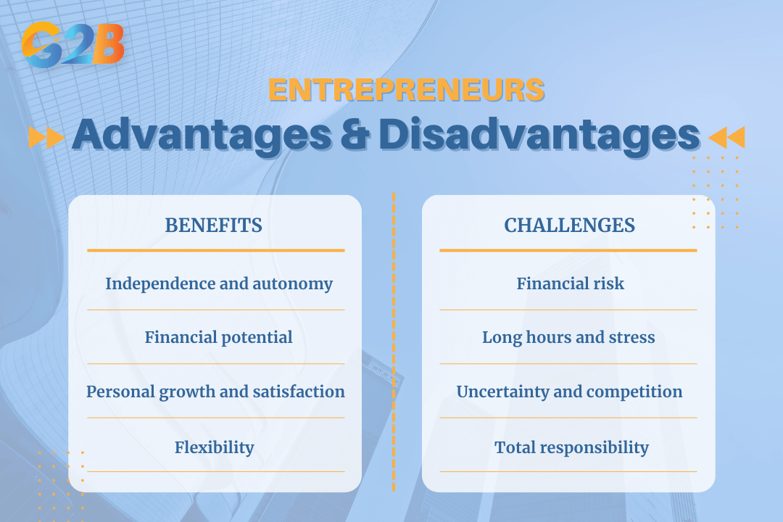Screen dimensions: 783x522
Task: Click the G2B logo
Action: coord(73,45)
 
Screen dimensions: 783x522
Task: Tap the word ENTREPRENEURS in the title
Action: coord(406,90)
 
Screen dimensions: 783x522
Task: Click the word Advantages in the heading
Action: coord(202,135)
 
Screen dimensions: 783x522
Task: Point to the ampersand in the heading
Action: coord(355,134)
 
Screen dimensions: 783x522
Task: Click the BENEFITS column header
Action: coord(214,225)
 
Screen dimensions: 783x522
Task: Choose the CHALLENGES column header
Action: coord(569,225)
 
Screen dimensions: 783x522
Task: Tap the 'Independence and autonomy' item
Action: coord(219,283)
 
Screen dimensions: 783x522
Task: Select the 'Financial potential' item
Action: coord(219,338)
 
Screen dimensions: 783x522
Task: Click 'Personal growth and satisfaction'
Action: coord(216,391)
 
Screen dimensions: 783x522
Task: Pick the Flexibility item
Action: coord(214,447)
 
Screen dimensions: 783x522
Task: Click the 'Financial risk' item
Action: coord(571,283)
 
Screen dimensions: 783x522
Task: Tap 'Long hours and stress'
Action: coord(568,338)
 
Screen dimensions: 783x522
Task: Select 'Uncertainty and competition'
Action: coord(569,391)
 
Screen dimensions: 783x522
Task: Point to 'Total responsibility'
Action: coord(572,447)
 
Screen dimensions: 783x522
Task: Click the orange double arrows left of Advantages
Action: coord(46,137)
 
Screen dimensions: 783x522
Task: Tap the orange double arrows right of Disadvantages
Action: coord(726,137)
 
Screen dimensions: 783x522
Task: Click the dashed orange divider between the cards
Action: coord(394,342)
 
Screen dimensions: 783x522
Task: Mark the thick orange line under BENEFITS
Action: coord(216,250)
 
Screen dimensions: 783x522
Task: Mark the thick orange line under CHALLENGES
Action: coord(568,250)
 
